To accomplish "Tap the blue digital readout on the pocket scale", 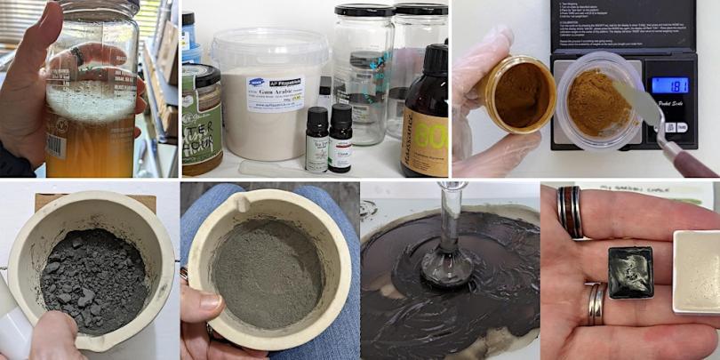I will (x=669, y=85).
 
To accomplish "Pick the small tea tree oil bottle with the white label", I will (x=317, y=142).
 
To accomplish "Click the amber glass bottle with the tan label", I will (x=424, y=116).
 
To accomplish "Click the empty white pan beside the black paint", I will (x=697, y=269).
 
